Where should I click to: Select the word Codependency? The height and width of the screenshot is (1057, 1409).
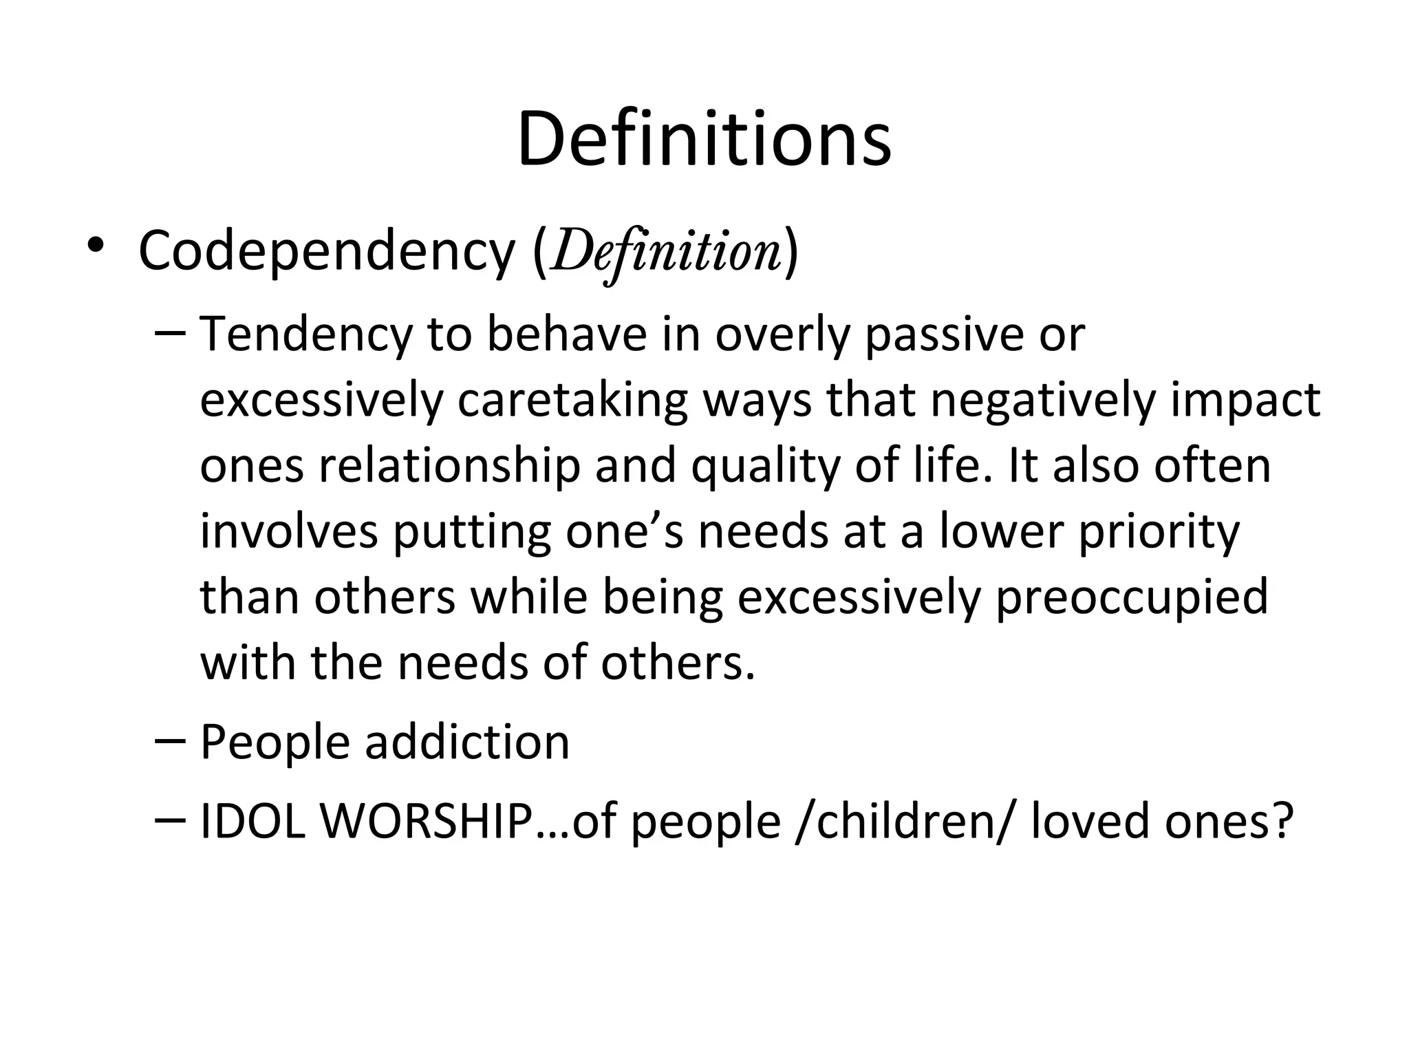[x=326, y=252]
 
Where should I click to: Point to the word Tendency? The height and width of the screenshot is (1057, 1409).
[x=306, y=334]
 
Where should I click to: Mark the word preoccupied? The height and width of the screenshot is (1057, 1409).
[x=1132, y=597]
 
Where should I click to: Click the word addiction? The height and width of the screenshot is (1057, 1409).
[x=467, y=742]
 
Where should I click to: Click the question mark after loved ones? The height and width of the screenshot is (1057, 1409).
[x=1282, y=822]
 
